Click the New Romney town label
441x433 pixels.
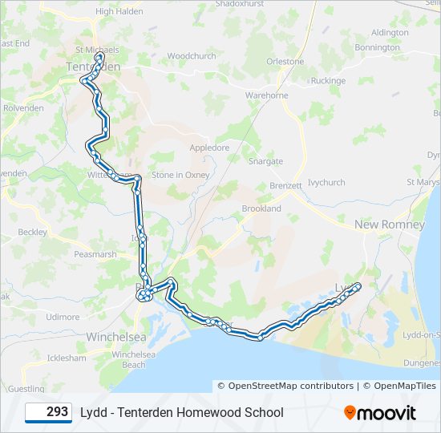[x=390, y=225]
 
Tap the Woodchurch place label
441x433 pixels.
[x=192, y=56]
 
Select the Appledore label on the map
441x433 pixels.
[x=209, y=148]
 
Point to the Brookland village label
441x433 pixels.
[x=261, y=208]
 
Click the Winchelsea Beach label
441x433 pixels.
[x=128, y=359]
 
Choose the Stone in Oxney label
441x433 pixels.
[x=180, y=175]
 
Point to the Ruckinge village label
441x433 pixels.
[x=328, y=81]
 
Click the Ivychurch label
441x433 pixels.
[x=326, y=183]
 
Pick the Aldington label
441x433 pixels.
[x=390, y=33]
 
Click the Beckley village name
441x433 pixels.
[x=33, y=232]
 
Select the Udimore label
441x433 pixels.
[x=63, y=317]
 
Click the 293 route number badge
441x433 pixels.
[x=48, y=412]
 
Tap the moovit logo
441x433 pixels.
[x=380, y=413]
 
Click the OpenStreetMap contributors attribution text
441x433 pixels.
[x=285, y=386]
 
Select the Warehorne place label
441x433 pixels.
[x=266, y=95]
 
